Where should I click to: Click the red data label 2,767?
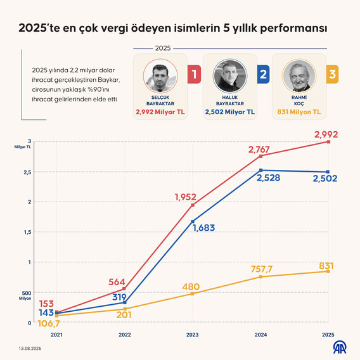(259, 150)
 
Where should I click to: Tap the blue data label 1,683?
(204, 228)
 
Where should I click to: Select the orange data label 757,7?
(262, 269)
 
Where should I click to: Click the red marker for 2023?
(193, 205)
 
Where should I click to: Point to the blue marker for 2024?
(261, 170)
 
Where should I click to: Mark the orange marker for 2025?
(328, 271)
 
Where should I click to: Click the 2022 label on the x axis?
(125, 335)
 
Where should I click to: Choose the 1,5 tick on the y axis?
(27, 232)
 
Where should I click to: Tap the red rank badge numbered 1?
(194, 74)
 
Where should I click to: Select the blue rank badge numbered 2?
(263, 74)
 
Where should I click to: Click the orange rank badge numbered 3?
(333, 74)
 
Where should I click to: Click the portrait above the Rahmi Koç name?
(299, 76)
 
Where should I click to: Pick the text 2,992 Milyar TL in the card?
(160, 112)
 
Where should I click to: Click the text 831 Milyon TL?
(299, 112)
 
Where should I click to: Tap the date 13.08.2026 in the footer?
(30, 349)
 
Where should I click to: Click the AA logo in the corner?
(340, 347)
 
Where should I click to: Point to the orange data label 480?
(191, 286)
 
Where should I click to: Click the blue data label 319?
(119, 297)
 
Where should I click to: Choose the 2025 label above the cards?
(163, 48)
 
